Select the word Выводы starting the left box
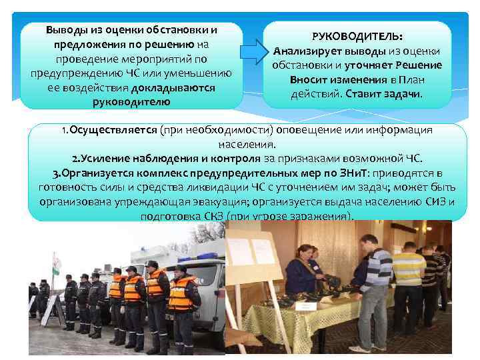pyautogui.click(x=68, y=31)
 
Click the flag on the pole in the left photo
pyautogui.click(x=58, y=264)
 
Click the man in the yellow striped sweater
pyautogui.click(x=408, y=273)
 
